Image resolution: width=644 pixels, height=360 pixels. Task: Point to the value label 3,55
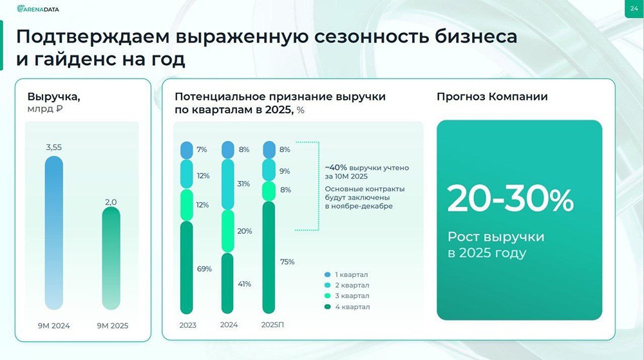coord(54,147)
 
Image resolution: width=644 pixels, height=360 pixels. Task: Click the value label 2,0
coord(111,202)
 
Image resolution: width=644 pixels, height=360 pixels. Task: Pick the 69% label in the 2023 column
coord(204,269)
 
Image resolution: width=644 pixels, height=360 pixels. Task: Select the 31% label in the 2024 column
coord(244,184)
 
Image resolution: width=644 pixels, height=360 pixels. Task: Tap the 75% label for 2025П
coord(287,261)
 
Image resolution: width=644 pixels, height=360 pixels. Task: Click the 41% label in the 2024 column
coord(244,284)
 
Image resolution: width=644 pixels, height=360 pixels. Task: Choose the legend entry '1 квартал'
coord(350,274)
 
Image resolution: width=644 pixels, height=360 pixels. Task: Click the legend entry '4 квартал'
coord(350,307)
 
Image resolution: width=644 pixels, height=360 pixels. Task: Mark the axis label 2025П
coord(272,325)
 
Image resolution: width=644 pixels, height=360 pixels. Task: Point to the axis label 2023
coord(187,325)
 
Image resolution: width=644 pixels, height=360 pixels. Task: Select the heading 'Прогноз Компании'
coord(492,97)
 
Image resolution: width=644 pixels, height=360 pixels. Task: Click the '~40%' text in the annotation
coord(336,167)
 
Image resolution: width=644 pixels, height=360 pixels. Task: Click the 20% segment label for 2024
coord(244,231)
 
